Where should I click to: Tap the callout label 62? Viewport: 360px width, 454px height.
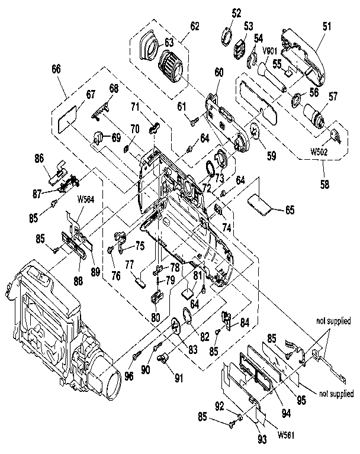tap(195, 27)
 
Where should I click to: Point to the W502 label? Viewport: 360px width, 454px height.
tap(320, 150)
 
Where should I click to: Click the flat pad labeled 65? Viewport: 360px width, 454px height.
tap(259, 202)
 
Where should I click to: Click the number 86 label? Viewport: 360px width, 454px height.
tap(39, 159)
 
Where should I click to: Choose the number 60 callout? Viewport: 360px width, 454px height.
tap(218, 72)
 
